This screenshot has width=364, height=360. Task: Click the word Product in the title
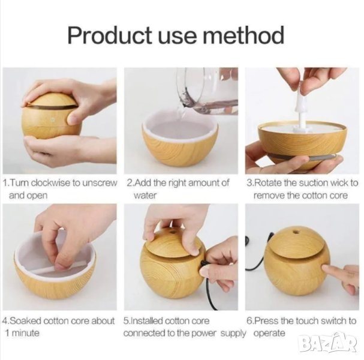pyautogui.click(x=110, y=35)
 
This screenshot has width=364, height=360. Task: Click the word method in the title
pyautogui.click(x=243, y=35)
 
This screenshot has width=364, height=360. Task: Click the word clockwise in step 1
pyautogui.click(x=50, y=183)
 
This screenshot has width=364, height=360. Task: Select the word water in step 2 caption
pyautogui.click(x=145, y=196)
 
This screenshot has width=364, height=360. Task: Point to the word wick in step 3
pyautogui.click(x=340, y=183)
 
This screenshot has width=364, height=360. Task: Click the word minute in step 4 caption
pyautogui.click(x=26, y=333)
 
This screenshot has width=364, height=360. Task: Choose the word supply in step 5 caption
pyautogui.click(x=233, y=334)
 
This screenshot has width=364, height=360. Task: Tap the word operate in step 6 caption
pyautogui.click(x=269, y=334)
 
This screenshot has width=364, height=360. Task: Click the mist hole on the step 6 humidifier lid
pyautogui.click(x=296, y=232)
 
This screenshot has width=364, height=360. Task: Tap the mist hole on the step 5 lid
pyautogui.click(x=172, y=232)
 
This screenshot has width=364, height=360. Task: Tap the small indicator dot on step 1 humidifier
pyautogui.click(x=52, y=121)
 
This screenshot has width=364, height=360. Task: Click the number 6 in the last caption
pyautogui.click(x=249, y=321)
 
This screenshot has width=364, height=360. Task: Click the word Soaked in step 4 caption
pyautogui.click(x=25, y=321)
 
